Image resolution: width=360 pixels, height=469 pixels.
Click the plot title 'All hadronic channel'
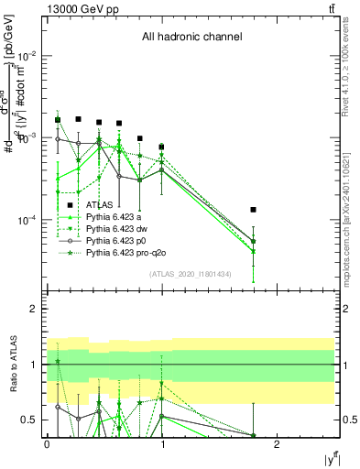[191, 38]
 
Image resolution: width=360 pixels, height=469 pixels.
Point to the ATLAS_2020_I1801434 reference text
[191, 274]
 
